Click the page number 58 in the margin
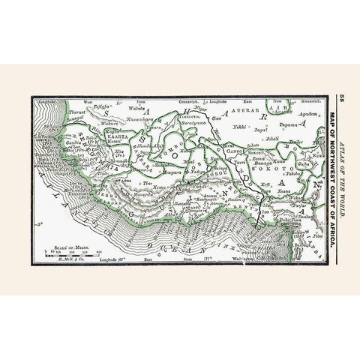click(343, 97)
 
